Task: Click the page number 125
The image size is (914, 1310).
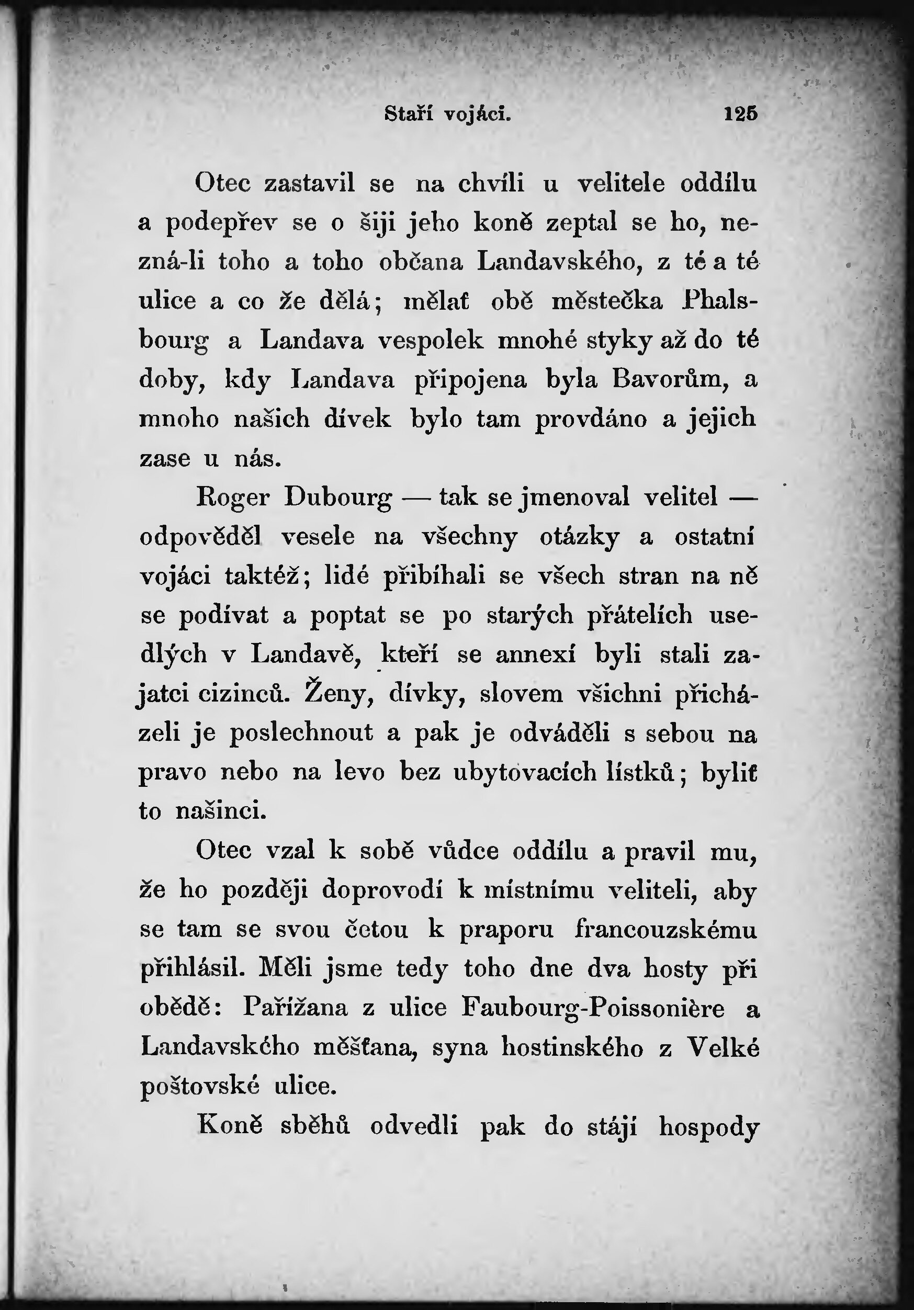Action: [740, 114]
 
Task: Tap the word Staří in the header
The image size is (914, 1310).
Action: [409, 115]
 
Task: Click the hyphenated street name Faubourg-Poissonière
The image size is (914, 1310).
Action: [593, 1008]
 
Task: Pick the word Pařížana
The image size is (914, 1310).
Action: [295, 1008]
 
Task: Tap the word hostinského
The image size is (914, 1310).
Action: [572, 1047]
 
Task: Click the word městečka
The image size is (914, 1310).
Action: [607, 301]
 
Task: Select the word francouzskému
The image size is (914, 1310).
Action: [666, 930]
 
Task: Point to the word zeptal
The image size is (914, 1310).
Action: [581, 222]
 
